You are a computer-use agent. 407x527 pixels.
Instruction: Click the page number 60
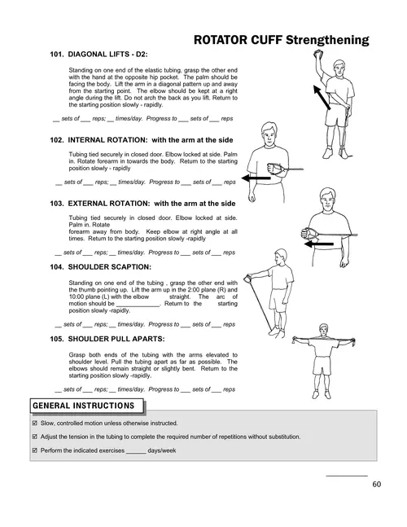[376, 484]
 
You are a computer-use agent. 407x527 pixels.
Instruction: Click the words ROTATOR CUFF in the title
[238, 40]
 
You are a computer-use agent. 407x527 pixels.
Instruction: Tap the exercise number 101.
[56, 54]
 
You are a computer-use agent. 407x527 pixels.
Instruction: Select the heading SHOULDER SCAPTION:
[109, 267]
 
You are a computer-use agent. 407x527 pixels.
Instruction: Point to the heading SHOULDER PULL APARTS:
[116, 339]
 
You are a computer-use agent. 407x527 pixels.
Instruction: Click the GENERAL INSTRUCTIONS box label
[84, 406]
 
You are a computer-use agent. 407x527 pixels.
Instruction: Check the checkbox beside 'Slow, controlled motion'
[34, 423]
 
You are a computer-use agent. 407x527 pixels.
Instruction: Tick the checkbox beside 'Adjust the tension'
[34, 437]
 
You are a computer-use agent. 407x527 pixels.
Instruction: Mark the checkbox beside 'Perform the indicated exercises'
[34, 450]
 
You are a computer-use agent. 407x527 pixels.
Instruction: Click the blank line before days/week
[136, 453]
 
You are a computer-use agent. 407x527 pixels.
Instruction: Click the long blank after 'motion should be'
[138, 306]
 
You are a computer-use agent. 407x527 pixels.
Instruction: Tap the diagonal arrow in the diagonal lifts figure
[322, 97]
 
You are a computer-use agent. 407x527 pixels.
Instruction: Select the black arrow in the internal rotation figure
[256, 178]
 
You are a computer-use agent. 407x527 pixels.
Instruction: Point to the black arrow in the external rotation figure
[319, 244]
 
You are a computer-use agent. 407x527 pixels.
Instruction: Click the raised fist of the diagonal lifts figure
[317, 54]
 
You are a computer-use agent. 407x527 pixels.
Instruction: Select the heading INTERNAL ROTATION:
[107, 140]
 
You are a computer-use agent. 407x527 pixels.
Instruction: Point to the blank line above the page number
[347, 476]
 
